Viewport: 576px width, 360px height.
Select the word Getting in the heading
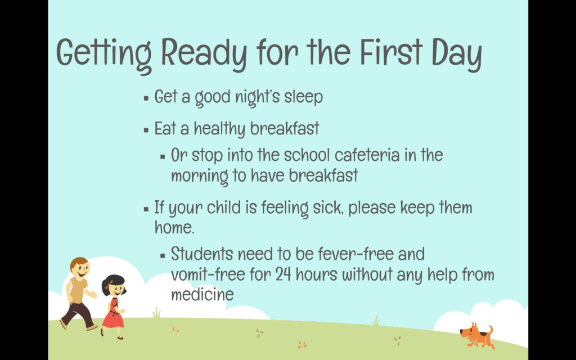click(104, 55)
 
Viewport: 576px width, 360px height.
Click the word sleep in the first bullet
click(303, 97)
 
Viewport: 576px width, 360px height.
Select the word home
click(174, 227)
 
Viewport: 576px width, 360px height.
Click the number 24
click(283, 274)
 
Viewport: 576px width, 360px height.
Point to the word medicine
click(202, 294)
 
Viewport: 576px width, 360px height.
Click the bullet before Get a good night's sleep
click(146, 98)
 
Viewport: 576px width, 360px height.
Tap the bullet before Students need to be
click(163, 255)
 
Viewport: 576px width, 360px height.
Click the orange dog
click(477, 335)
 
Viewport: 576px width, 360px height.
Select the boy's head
click(80, 268)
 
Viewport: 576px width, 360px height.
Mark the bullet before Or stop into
click(163, 157)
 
